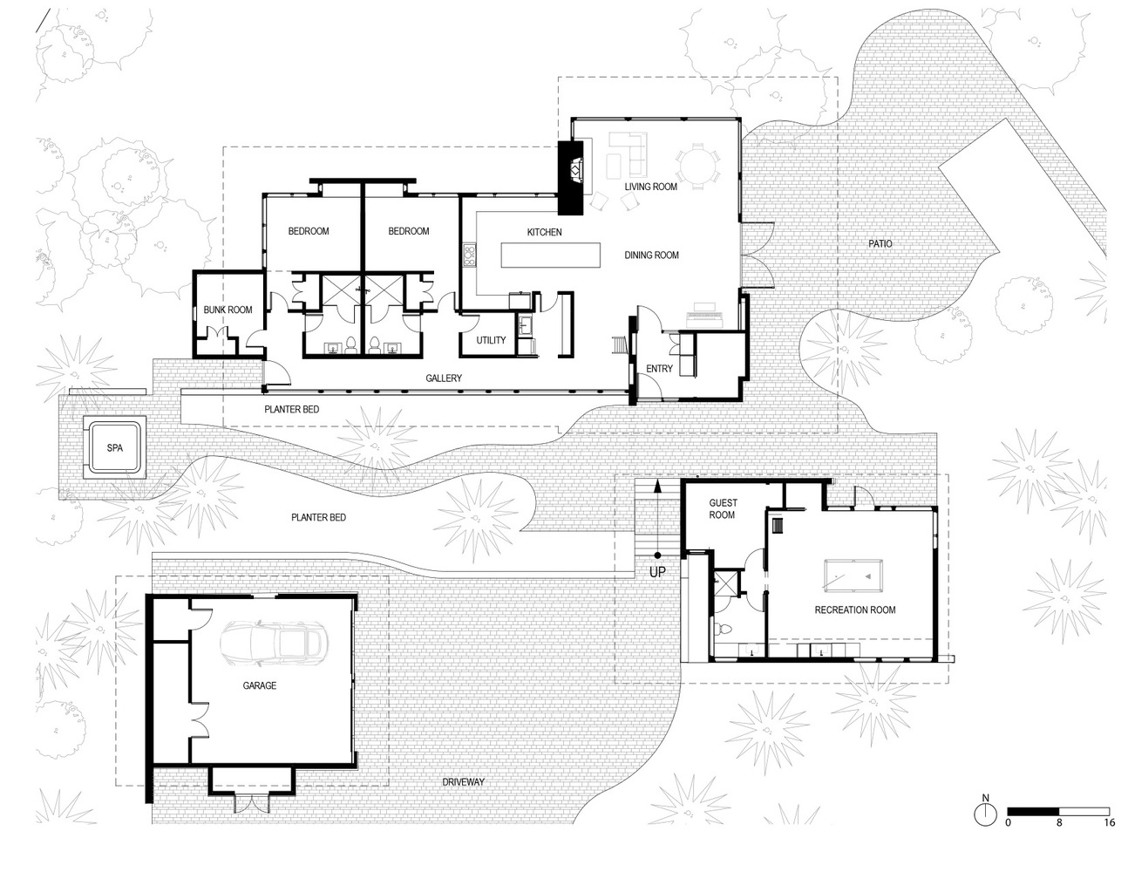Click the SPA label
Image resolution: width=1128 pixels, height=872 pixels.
[x=115, y=448]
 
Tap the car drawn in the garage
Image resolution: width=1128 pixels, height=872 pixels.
[x=274, y=644]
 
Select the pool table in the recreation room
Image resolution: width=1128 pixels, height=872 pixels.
[x=853, y=576]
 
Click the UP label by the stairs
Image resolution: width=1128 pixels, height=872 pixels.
[x=657, y=573]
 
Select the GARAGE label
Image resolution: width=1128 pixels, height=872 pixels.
[x=260, y=685]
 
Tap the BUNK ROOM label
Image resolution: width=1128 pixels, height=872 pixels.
[x=228, y=310]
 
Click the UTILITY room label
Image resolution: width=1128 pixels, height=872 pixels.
[x=491, y=340]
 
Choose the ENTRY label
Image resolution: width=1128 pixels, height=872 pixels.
[x=659, y=369]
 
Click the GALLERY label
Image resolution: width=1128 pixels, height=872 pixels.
[x=444, y=378]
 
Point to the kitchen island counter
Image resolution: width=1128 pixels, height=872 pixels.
[x=551, y=255]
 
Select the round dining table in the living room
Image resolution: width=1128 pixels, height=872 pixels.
[x=698, y=166]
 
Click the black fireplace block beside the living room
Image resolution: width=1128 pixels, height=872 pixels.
[x=572, y=178]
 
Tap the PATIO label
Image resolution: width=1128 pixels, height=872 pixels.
[x=880, y=243]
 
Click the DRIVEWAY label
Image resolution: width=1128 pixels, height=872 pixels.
[x=463, y=782]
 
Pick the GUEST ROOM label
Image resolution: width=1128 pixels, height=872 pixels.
[x=723, y=508]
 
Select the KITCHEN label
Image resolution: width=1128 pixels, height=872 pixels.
[x=545, y=232]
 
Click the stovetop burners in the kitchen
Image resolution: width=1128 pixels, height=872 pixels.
[x=470, y=255]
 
